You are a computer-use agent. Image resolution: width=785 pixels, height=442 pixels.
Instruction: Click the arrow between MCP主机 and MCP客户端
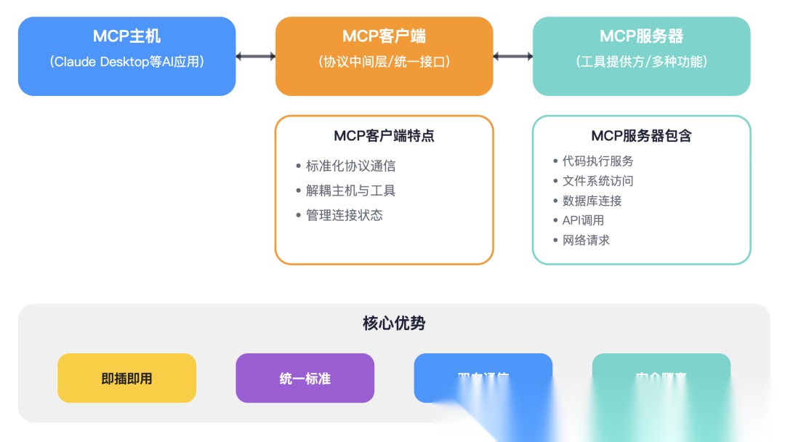(256, 56)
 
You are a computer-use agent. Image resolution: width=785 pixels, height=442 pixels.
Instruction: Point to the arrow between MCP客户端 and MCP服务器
(513, 56)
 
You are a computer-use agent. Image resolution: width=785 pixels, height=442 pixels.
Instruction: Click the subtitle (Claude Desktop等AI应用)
(126, 62)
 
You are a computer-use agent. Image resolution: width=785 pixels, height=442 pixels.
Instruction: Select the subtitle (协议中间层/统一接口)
(384, 62)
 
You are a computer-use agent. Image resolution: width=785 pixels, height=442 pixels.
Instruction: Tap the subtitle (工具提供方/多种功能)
(641, 62)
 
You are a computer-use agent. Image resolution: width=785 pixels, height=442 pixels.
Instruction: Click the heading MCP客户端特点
(384, 136)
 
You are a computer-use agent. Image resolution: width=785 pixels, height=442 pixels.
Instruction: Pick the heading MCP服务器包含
(641, 136)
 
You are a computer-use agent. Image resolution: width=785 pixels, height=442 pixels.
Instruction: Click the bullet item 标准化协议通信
(350, 166)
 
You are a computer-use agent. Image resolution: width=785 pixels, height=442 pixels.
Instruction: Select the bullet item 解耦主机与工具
(350, 190)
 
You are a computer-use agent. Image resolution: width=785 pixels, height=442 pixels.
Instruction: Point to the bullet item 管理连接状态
(344, 215)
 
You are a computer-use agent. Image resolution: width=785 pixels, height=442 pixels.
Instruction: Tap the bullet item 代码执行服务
(597, 161)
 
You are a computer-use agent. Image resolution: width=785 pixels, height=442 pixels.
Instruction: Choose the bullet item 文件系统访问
(597, 181)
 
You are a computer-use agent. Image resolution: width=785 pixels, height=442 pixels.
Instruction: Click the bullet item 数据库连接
(592, 201)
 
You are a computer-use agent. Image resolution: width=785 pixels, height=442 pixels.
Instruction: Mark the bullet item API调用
(583, 220)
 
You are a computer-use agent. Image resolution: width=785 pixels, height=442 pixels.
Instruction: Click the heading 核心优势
(394, 324)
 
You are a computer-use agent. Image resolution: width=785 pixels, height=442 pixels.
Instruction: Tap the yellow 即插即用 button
(126, 378)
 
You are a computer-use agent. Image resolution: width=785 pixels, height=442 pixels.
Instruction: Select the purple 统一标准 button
(305, 378)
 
